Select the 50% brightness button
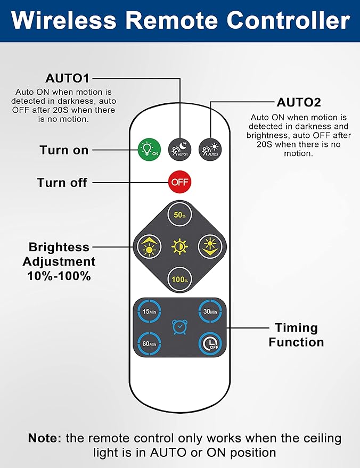pos(179,215)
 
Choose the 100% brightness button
pos(179,278)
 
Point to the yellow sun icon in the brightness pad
pos(179,247)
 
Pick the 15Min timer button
pos(149,311)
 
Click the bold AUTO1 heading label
pos(67,78)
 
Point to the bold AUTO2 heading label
pos(298,102)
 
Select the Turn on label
pos(64,150)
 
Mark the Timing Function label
pos(296,334)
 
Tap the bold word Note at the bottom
pos(45,439)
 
